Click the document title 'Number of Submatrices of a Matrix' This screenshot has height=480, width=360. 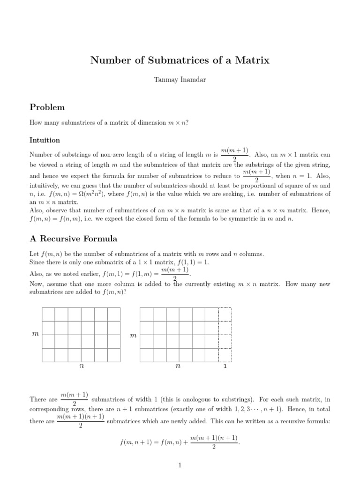pos(180,60)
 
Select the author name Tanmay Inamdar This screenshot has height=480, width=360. pos(180,80)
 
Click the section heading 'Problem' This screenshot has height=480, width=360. pos(47,107)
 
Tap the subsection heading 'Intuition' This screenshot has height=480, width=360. pos(45,140)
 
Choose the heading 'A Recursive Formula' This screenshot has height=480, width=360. pos(73,239)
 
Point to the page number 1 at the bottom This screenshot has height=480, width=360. pos(180,465)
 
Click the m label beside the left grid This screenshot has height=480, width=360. pos(34,335)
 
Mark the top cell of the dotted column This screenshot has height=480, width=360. pos(225,314)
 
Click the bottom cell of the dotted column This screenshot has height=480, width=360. pos(225,355)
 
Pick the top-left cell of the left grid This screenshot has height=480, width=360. pos(49,314)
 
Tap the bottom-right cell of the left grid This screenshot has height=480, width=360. pos(114,355)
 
